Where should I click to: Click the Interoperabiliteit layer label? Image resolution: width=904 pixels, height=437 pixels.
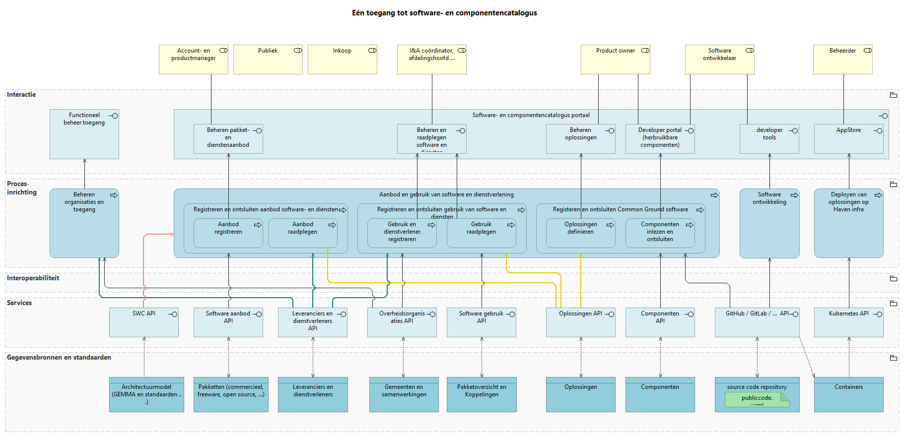point(33,278)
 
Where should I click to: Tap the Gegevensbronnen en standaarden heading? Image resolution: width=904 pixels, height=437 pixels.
point(59,357)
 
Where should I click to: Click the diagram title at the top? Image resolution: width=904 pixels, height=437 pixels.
point(444,13)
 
